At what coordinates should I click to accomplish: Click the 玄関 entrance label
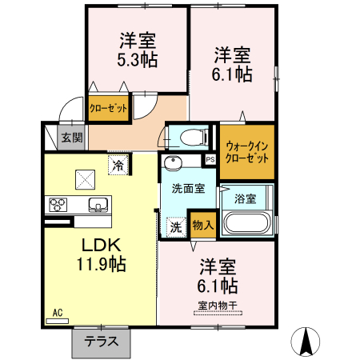(x=72, y=138)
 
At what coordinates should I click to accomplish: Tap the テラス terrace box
(x=101, y=342)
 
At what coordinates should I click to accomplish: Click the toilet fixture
(x=190, y=137)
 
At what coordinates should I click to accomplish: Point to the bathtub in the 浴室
(x=246, y=223)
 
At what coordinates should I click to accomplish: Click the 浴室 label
(x=246, y=198)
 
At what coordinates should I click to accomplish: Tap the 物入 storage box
(x=202, y=224)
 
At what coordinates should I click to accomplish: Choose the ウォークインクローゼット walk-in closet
(x=247, y=151)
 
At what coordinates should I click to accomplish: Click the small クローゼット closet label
(x=108, y=108)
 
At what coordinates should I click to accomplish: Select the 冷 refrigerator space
(x=118, y=166)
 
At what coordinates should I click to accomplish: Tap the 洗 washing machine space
(x=175, y=226)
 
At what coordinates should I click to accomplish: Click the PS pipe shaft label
(x=210, y=159)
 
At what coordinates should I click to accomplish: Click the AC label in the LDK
(x=58, y=313)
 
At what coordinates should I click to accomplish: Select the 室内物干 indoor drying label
(x=217, y=304)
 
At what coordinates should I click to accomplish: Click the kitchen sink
(x=96, y=203)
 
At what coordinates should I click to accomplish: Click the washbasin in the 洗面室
(x=174, y=165)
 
